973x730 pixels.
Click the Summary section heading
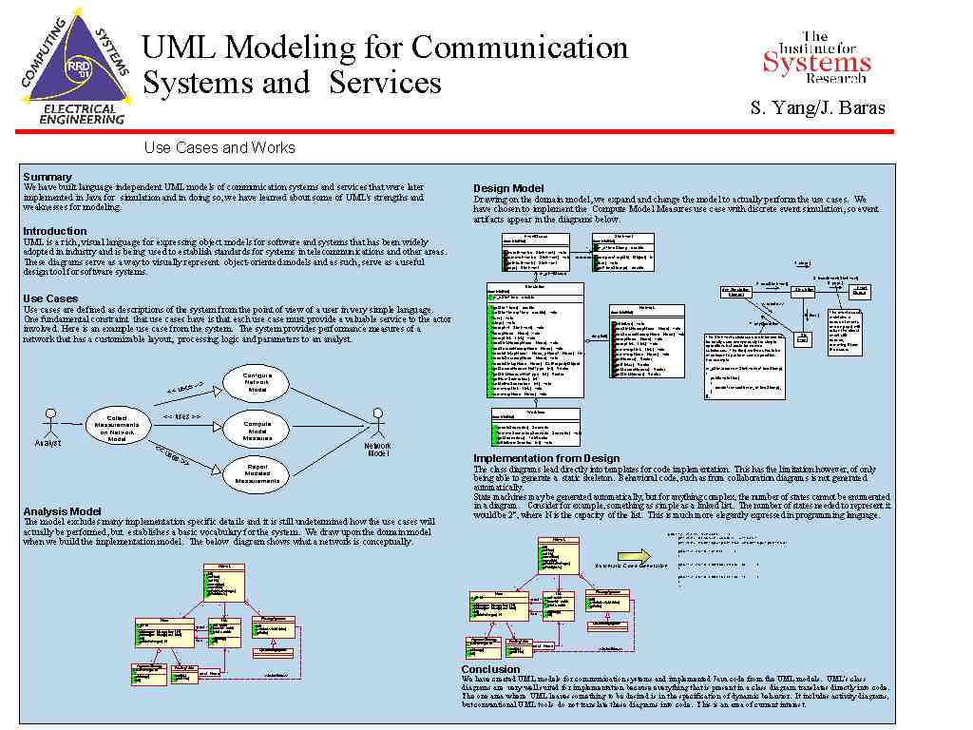47,177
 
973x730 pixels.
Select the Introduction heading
54,231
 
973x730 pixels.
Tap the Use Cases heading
50,298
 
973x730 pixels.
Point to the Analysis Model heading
63,512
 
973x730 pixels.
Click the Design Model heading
508,188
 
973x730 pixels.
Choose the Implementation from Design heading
546,459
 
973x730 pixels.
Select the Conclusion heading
490,669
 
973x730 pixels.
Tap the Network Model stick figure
378,425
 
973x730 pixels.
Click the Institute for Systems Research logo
816,56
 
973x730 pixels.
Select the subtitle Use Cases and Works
219,147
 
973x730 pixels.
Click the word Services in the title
386,83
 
